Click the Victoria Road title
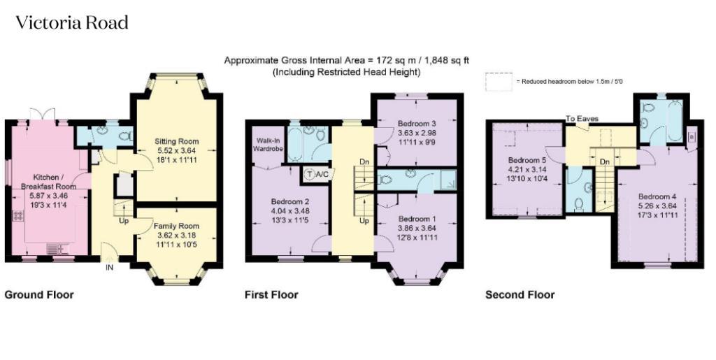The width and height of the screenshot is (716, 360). click(72, 23)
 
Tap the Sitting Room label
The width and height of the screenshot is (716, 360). click(177, 141)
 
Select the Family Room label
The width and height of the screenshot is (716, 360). click(176, 226)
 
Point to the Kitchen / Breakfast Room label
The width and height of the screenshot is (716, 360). click(48, 182)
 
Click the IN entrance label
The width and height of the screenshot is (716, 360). click(109, 268)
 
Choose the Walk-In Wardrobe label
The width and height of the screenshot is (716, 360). click(269, 144)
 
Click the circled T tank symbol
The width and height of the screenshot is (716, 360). click(310, 174)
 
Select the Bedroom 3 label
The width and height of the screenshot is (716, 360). click(417, 124)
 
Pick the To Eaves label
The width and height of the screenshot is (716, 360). click(582, 119)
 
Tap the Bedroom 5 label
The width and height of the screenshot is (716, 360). click(527, 161)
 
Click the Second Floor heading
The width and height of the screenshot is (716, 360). click(520, 295)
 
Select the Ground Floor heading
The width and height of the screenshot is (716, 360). click(39, 295)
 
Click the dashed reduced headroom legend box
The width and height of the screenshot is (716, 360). click(499, 82)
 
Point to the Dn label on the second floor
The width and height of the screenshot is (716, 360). click(605, 162)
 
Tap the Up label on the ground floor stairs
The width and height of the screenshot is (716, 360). click(123, 222)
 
